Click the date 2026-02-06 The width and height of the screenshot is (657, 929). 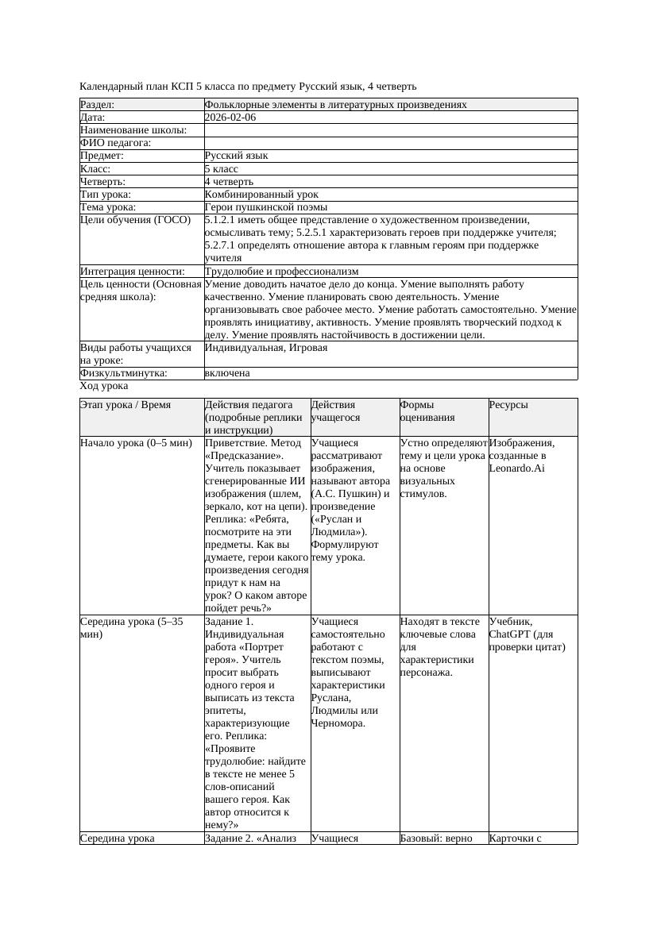(x=230, y=118)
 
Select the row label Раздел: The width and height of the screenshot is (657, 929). (x=97, y=105)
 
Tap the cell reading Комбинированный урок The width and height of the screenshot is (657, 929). (x=261, y=195)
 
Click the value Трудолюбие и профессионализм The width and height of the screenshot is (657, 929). (x=281, y=272)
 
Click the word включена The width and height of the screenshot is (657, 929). (x=227, y=373)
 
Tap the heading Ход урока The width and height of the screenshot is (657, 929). (x=104, y=386)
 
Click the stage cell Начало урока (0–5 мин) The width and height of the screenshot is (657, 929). (x=136, y=443)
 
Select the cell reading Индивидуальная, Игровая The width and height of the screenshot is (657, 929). (x=266, y=348)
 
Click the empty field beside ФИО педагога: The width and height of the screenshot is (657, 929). (x=389, y=143)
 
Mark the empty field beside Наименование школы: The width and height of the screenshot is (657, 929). (x=389, y=130)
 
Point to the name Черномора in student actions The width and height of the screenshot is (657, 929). (x=338, y=723)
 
